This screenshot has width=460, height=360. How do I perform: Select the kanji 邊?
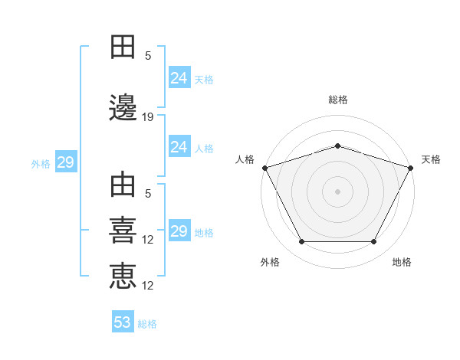click(123, 108)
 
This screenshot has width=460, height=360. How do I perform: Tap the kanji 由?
click(123, 187)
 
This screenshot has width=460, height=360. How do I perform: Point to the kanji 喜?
click(123, 231)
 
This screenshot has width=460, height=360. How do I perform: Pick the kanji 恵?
click(123, 277)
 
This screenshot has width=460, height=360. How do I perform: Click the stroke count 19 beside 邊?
click(148, 117)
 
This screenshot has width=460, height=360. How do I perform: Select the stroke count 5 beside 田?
click(148, 56)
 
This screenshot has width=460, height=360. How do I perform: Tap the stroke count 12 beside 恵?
click(148, 286)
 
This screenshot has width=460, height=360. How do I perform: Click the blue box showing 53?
click(122, 322)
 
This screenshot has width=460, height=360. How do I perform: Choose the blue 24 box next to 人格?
click(179, 147)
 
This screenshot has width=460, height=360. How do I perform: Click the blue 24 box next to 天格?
click(179, 78)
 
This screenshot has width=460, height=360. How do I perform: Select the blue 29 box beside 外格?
click(65, 162)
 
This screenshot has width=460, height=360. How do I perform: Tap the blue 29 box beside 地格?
click(179, 231)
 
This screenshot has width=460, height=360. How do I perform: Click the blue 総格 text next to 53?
click(147, 324)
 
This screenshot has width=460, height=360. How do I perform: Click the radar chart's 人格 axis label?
click(245, 159)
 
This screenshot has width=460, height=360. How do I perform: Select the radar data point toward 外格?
click(301, 242)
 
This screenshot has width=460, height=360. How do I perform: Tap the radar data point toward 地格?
click(374, 242)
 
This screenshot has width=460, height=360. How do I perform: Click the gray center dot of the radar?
click(337, 191)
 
